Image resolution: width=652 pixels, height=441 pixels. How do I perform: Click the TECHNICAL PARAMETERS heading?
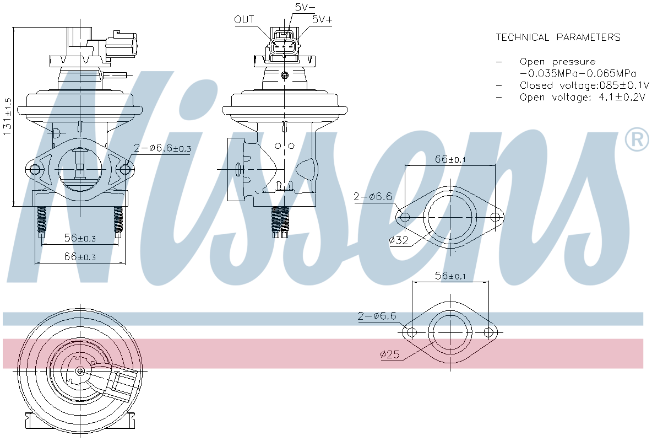click(x=558, y=37)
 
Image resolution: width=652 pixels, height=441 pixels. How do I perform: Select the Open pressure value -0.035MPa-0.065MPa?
click(x=578, y=73)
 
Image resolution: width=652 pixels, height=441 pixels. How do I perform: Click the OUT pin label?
click(x=244, y=20)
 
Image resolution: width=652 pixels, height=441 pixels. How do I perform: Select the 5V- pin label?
click(x=305, y=7)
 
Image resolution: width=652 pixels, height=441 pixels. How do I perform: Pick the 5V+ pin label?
click(x=322, y=19)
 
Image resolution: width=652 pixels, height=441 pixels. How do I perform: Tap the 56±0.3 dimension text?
click(x=80, y=238)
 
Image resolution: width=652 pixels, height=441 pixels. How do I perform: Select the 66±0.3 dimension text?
click(x=80, y=257)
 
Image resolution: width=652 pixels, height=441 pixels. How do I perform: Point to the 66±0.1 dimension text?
click(x=450, y=159)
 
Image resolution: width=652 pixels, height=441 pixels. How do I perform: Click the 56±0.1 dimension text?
click(x=450, y=276)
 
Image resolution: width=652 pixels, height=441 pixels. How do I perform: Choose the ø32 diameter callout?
click(x=399, y=240)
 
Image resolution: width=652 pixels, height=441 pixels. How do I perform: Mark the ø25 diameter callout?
click(x=389, y=355)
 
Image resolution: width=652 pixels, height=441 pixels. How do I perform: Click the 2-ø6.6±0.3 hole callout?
click(x=162, y=148)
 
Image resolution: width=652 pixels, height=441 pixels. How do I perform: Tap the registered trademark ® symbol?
click(x=637, y=140)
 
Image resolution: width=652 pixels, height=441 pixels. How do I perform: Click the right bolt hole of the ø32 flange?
click(x=495, y=217)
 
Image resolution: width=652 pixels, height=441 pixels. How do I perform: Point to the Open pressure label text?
click(x=557, y=62)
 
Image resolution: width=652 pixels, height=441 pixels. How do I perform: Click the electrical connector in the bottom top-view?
click(x=122, y=383)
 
